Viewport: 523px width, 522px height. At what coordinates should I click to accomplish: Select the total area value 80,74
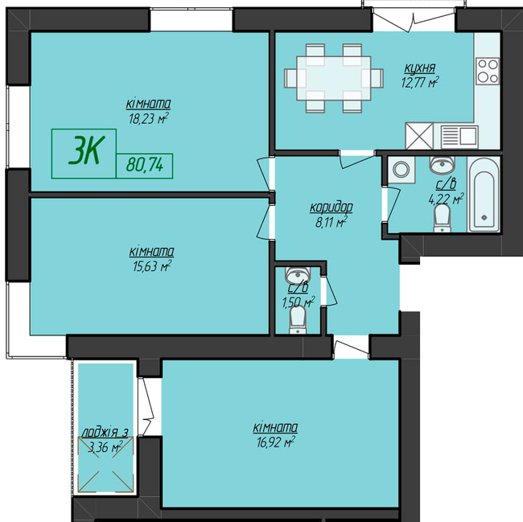(x=145, y=166)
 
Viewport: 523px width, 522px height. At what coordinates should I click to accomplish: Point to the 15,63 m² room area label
(x=150, y=265)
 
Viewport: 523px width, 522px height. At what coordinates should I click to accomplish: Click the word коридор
(x=331, y=208)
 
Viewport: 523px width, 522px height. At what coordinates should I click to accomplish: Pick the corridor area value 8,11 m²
(x=330, y=223)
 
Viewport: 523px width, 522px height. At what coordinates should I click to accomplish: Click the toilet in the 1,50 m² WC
(x=298, y=321)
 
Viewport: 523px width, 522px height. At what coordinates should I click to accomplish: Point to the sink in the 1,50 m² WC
(x=298, y=271)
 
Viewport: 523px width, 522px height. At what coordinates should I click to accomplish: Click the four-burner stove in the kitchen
(x=488, y=72)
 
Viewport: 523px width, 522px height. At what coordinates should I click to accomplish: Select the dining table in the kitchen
(x=332, y=77)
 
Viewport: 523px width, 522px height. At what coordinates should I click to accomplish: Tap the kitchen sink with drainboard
(x=458, y=136)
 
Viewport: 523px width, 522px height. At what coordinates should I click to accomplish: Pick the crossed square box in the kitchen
(x=419, y=136)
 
